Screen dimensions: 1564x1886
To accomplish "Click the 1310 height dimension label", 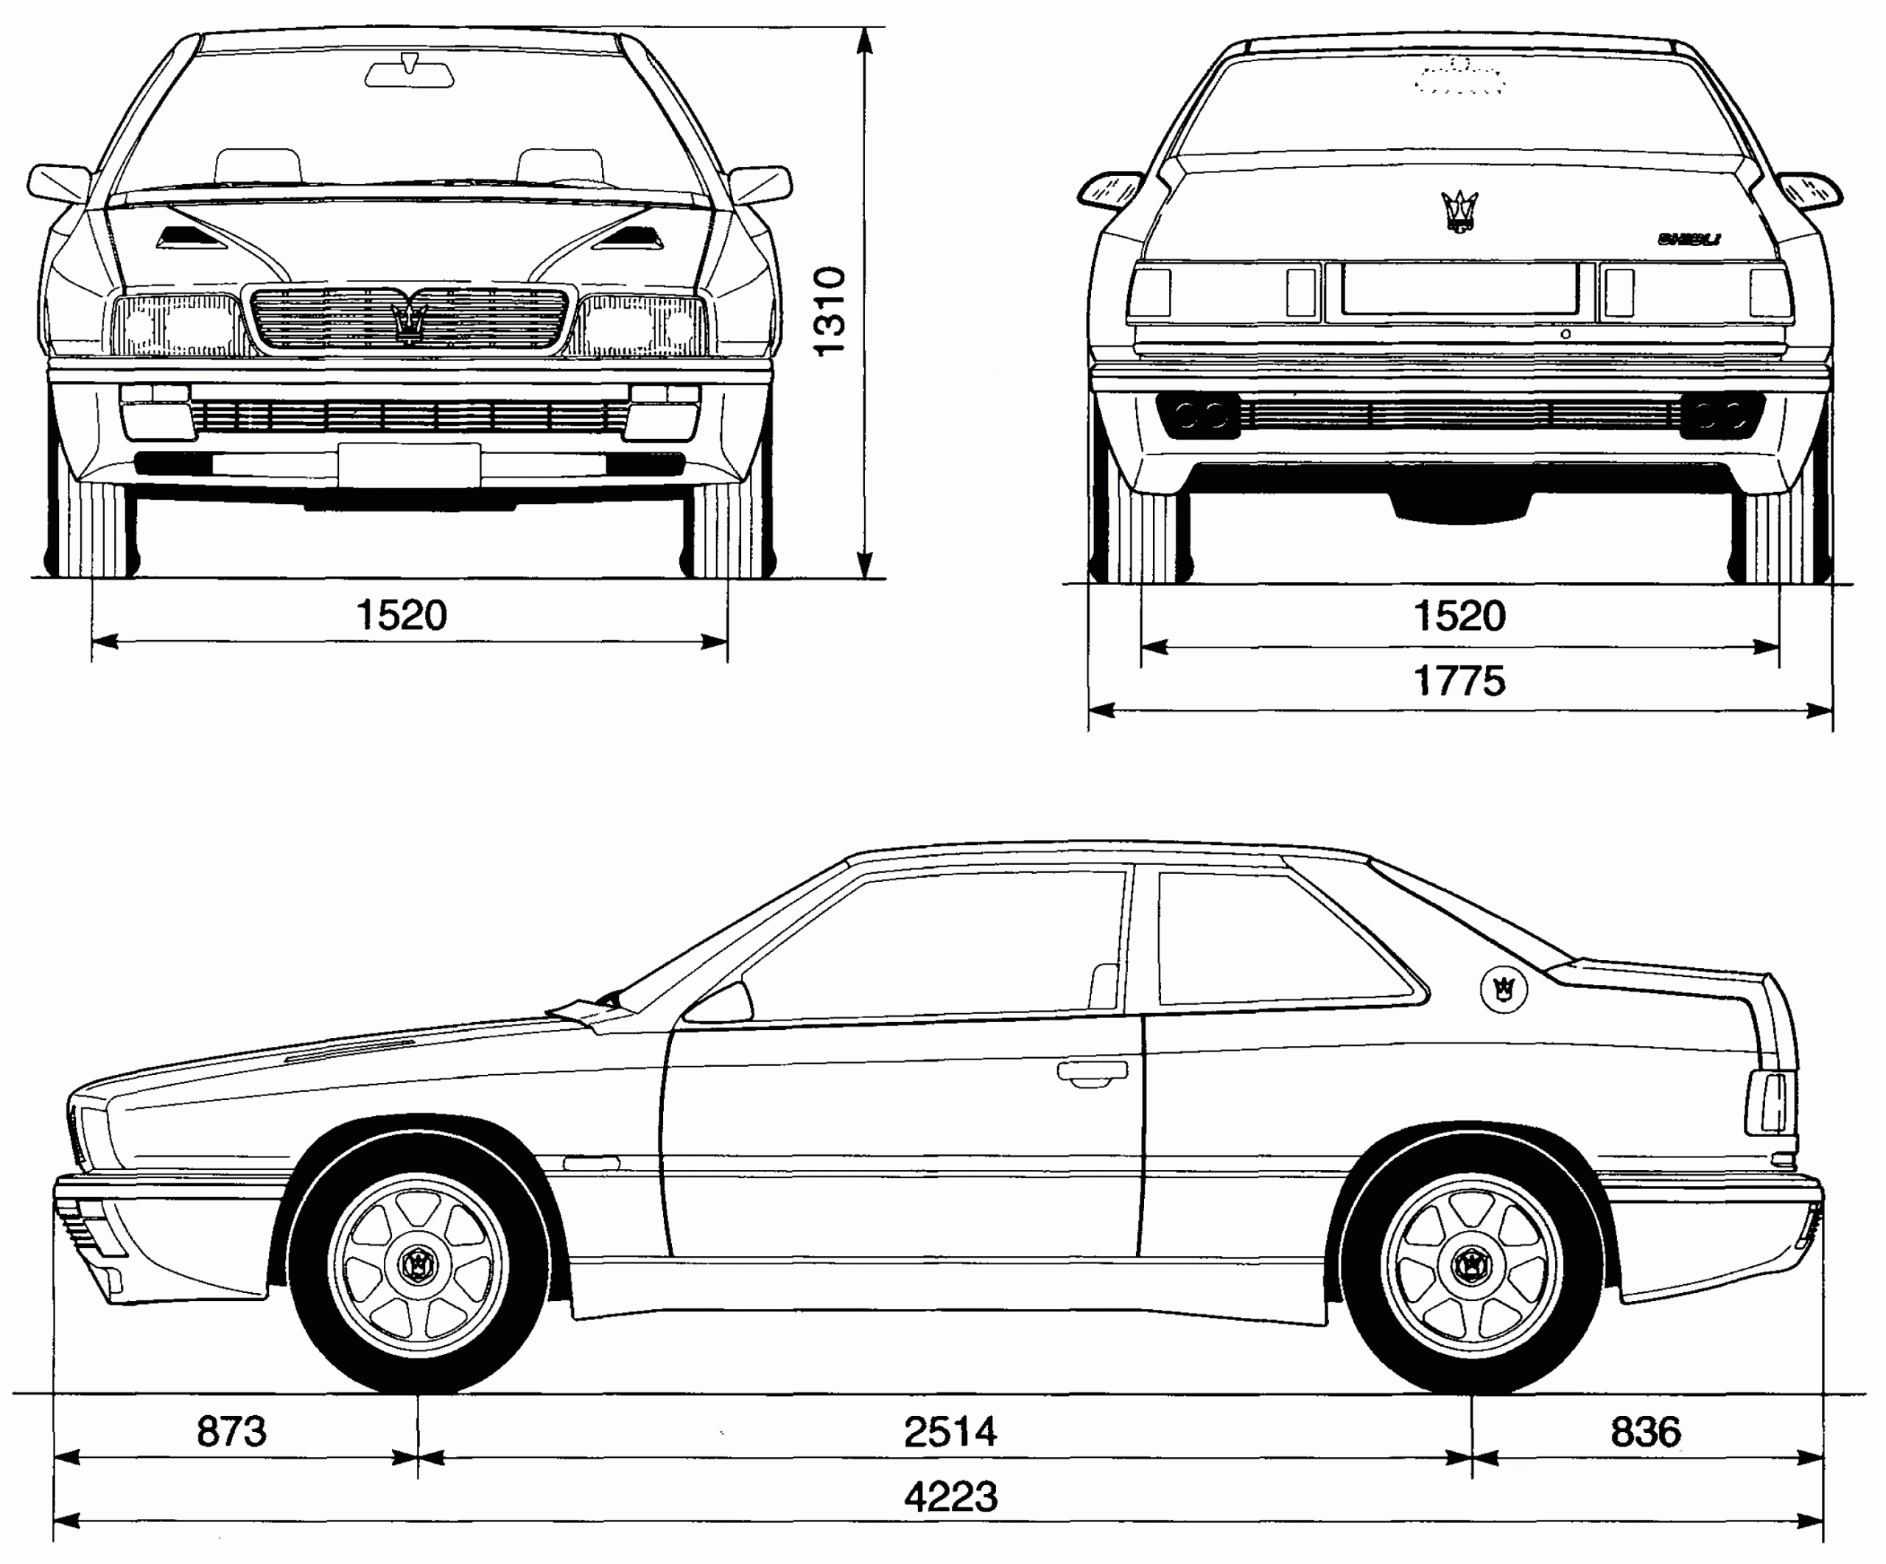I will click(x=830, y=312).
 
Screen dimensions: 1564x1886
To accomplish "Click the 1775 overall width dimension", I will click(x=1459, y=681).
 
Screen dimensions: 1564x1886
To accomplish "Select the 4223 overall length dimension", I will click(x=950, y=1497).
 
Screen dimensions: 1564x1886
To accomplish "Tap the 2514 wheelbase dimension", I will click(x=950, y=1432).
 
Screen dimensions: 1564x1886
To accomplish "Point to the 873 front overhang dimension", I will click(x=232, y=1432).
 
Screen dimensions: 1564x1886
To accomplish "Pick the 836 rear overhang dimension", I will click(x=1645, y=1432).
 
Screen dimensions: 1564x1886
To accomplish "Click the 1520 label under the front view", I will click(x=402, y=616).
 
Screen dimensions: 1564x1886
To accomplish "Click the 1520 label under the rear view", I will click(x=1459, y=617).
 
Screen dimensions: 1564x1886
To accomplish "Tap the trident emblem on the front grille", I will click(x=410, y=323).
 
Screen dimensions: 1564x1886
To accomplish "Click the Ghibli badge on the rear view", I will click(x=1689, y=239).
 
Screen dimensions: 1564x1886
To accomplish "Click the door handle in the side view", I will click(x=1092, y=1072).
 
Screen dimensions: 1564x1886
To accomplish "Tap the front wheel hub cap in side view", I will click(x=418, y=1266).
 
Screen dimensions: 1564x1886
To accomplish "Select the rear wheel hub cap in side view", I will click(x=1471, y=1266).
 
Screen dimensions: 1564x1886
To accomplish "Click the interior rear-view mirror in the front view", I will click(x=410, y=71).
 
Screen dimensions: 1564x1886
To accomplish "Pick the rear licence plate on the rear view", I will click(x=1460, y=288).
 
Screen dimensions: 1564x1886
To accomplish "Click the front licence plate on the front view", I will click(x=410, y=464).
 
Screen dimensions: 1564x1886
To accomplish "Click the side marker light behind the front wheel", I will click(x=590, y=1163).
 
